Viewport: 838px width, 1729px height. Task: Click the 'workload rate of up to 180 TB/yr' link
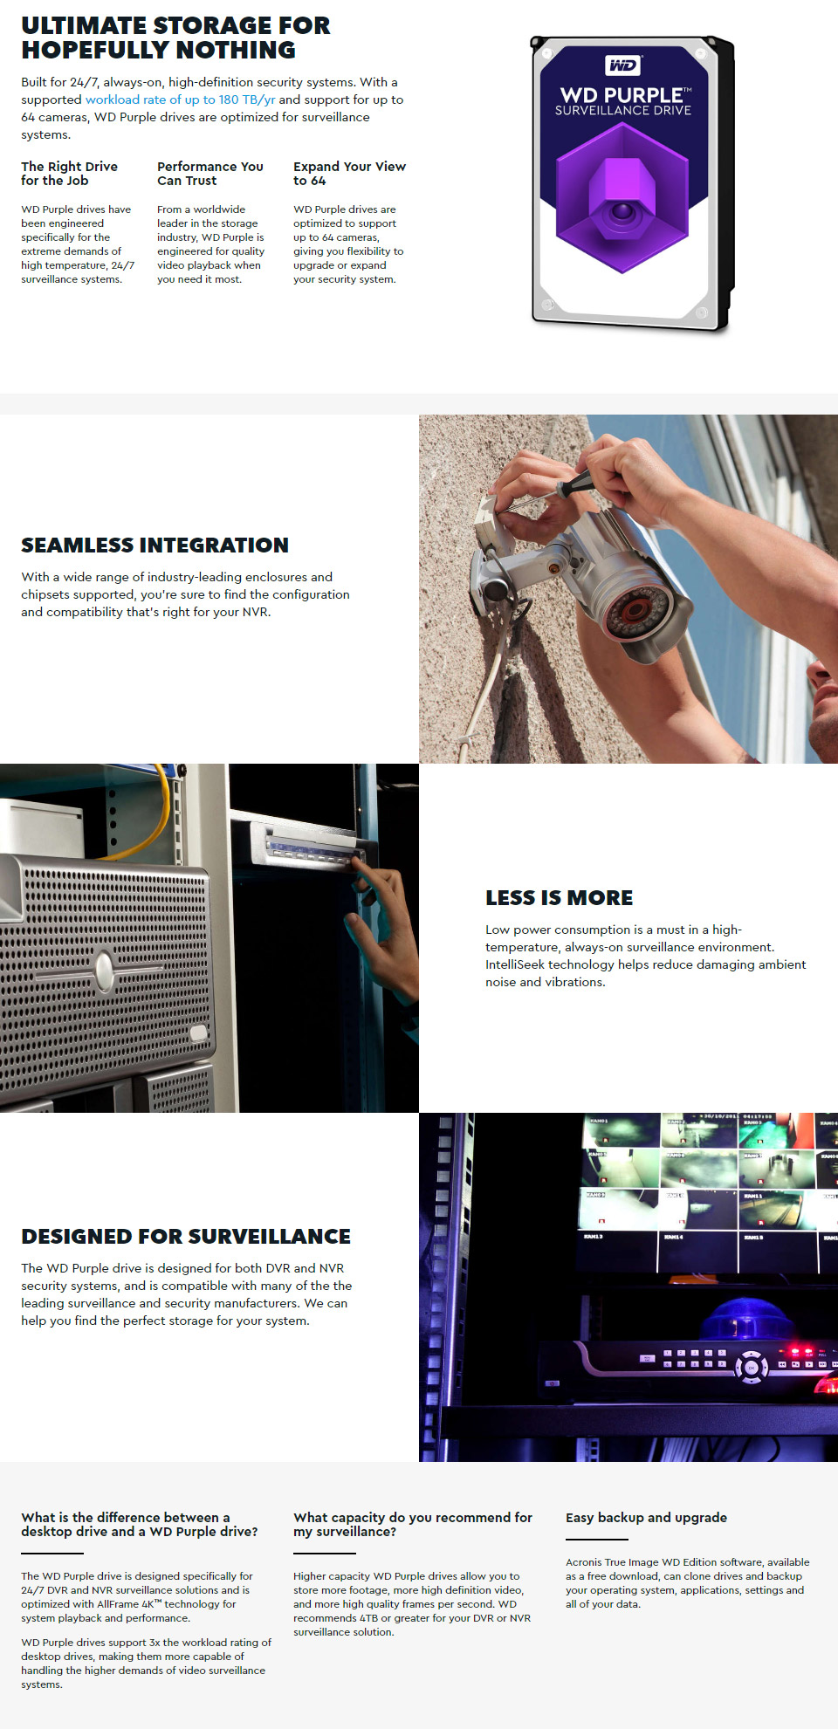(180, 99)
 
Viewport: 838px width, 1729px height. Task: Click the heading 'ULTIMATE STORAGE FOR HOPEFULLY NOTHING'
(176, 38)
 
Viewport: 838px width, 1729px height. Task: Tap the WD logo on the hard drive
(623, 65)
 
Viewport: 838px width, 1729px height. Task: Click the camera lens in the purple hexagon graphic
(622, 211)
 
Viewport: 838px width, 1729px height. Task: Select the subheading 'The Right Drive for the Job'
(70, 174)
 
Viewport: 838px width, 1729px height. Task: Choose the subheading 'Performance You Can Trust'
(210, 174)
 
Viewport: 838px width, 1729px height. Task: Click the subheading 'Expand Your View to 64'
(349, 174)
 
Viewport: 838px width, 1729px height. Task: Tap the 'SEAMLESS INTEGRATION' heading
(155, 545)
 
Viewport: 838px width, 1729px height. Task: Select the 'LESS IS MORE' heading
(560, 898)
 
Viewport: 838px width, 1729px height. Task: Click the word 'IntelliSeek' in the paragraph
(515, 964)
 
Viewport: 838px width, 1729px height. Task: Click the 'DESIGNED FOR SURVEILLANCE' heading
(186, 1237)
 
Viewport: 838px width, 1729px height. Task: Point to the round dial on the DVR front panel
(752, 1368)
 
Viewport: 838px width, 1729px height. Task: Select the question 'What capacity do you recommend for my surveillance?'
(413, 1525)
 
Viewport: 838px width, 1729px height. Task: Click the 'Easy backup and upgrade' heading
(646, 1518)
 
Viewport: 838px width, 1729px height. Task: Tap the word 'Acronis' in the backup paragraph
(584, 1562)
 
